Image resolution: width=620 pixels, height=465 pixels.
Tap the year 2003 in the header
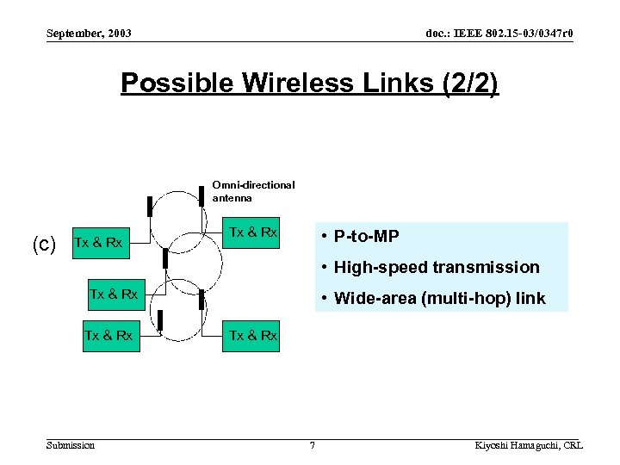[x=118, y=34]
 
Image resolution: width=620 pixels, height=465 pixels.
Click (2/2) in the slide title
[x=467, y=84]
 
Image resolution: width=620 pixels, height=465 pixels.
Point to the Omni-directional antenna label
[x=253, y=190]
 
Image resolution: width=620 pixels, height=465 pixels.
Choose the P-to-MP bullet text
[x=366, y=237]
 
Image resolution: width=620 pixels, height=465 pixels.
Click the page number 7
[x=312, y=445]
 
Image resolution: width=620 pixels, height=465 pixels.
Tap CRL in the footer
[x=573, y=445]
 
